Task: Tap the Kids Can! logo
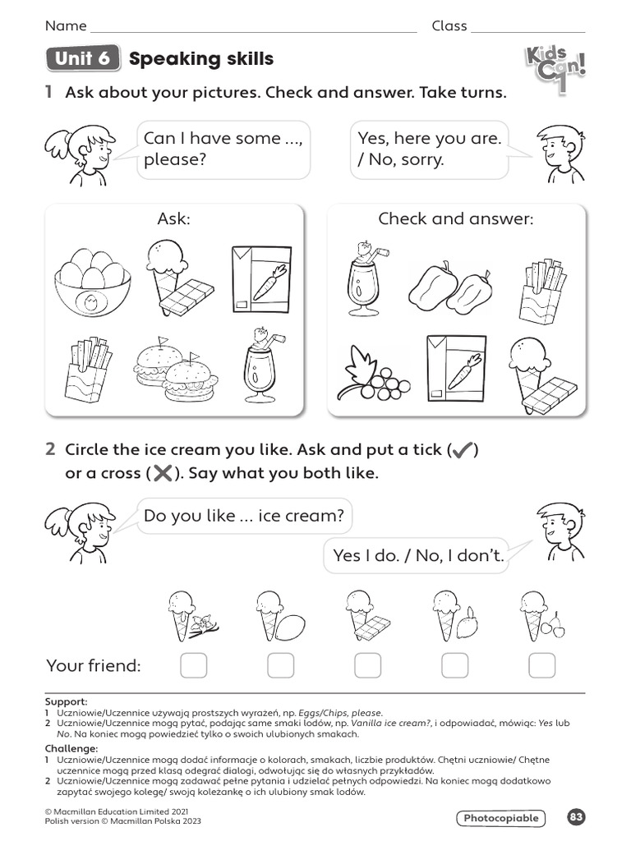(x=555, y=69)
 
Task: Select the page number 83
(x=576, y=817)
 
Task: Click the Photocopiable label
(x=500, y=818)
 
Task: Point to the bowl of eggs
(x=92, y=281)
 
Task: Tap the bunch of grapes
(x=370, y=375)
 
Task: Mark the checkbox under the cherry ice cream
(x=541, y=665)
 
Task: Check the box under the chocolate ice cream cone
(x=367, y=665)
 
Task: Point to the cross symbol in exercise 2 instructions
(x=163, y=474)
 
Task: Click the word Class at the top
(x=449, y=26)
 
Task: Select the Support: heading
(x=67, y=701)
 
